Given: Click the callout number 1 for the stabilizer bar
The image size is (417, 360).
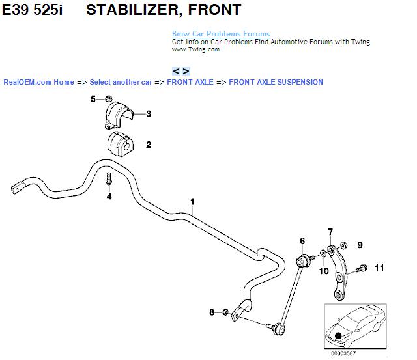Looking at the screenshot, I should point(192,201).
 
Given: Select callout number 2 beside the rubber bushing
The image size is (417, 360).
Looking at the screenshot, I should point(148,145).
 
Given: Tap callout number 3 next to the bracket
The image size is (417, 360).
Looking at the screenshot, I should point(148,114).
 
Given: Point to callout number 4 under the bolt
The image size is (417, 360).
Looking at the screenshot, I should point(109,196).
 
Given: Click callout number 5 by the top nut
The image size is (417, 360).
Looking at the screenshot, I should point(93,99).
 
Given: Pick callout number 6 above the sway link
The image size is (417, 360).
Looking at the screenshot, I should point(302,242).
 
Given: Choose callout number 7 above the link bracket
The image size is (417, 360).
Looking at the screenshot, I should point(330,232).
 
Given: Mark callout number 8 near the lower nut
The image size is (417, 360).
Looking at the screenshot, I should point(211,313).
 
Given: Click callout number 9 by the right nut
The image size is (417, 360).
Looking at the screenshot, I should point(359,245).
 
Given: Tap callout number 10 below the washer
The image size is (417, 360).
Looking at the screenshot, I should point(324,271).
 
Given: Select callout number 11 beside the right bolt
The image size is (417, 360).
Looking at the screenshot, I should point(379,268).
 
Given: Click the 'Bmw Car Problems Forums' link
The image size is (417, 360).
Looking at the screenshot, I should point(220,34).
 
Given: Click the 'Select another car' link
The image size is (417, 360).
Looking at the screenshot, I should point(121,82).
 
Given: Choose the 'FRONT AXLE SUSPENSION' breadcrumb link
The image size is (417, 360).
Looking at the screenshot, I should point(276,82).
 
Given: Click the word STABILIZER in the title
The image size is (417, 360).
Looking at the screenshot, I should point(135,10).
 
